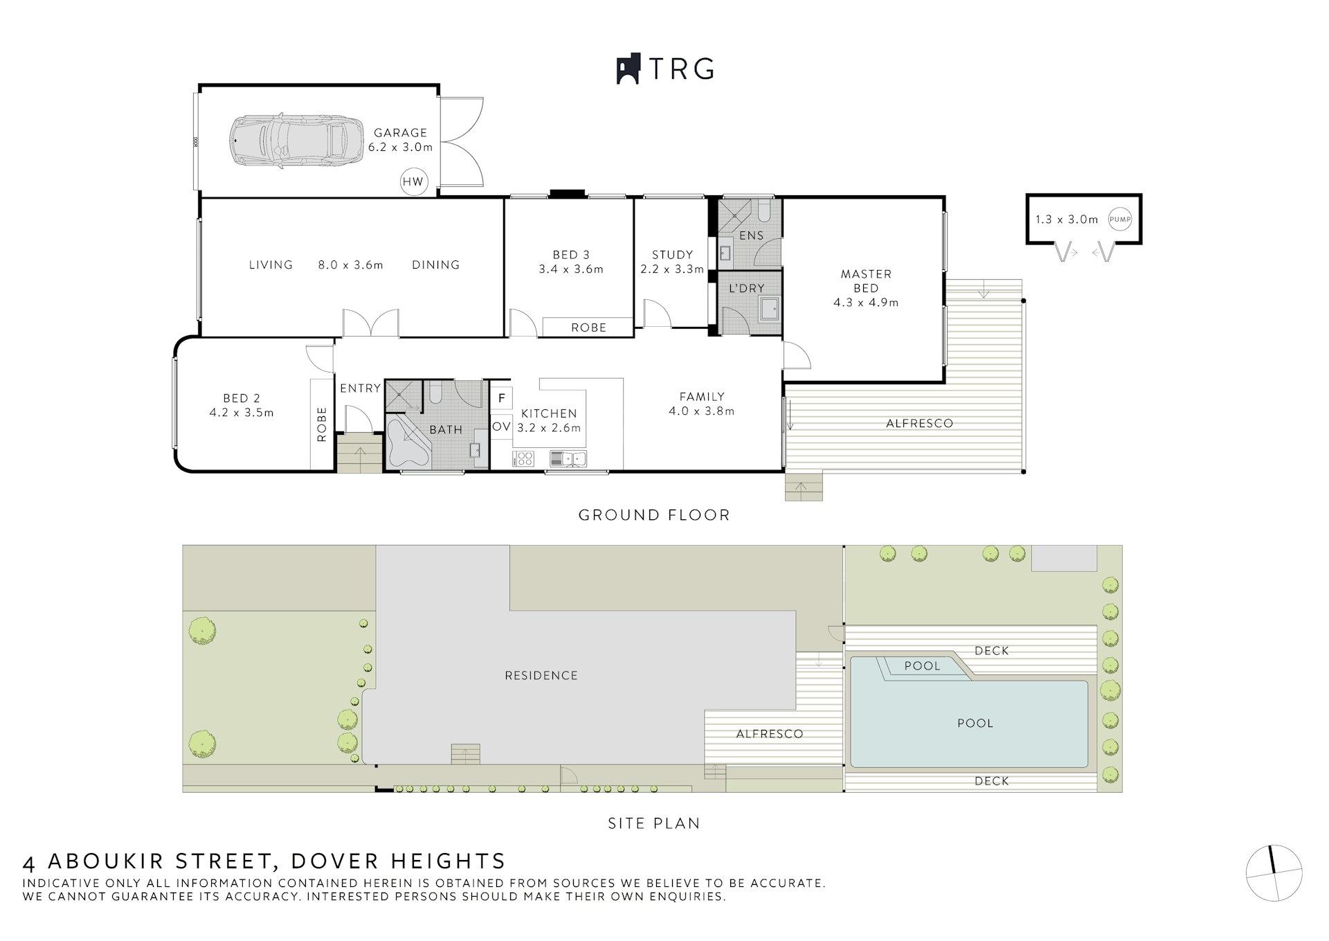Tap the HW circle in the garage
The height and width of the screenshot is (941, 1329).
click(413, 182)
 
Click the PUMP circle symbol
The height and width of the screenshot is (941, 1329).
click(1120, 219)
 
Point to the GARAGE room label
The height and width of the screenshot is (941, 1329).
click(401, 132)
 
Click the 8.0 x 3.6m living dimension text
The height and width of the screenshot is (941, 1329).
click(350, 265)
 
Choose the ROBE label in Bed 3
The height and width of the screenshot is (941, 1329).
click(589, 328)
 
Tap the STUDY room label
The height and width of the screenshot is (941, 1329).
click(672, 255)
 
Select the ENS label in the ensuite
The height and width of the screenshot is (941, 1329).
click(751, 235)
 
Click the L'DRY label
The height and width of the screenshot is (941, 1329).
click(746, 288)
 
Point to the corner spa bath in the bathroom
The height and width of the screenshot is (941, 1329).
click(408, 442)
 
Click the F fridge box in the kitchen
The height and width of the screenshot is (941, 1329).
click(501, 398)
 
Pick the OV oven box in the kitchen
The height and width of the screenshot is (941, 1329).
click(501, 427)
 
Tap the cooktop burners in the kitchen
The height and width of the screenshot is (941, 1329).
click(523, 458)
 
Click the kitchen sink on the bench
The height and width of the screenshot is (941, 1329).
click(568, 458)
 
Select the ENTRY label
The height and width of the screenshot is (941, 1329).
click(360, 388)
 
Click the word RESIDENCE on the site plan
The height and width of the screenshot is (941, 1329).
click(541, 675)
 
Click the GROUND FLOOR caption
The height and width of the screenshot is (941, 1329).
click(654, 515)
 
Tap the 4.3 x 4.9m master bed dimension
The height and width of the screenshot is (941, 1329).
click(866, 303)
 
